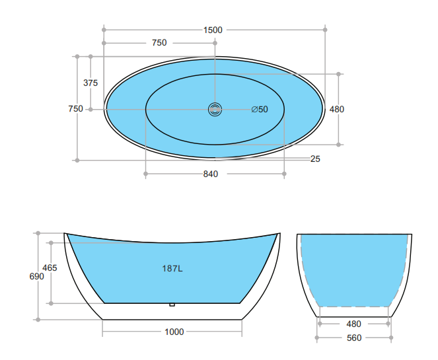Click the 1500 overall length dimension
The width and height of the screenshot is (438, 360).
(x=213, y=30)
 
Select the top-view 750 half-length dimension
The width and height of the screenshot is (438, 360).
(x=159, y=43)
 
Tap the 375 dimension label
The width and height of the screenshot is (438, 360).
(x=91, y=83)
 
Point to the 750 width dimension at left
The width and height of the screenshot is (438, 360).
(x=76, y=109)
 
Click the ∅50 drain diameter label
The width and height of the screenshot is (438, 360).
(x=260, y=110)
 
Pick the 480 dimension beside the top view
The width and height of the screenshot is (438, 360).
(x=337, y=110)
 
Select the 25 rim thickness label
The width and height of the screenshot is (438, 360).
(x=315, y=159)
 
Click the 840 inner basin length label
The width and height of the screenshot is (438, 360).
(x=211, y=174)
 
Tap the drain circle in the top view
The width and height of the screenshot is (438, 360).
(x=215, y=110)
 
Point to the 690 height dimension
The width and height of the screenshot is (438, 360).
(x=37, y=277)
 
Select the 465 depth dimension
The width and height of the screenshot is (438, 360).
(x=50, y=268)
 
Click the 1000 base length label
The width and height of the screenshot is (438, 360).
(x=174, y=332)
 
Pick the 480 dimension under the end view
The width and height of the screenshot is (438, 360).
(x=354, y=324)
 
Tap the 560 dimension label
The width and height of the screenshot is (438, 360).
(x=354, y=338)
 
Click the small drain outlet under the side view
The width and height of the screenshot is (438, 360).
(x=172, y=305)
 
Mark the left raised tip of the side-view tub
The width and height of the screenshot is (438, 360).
(x=65, y=234)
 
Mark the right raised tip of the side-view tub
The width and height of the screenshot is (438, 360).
(x=277, y=234)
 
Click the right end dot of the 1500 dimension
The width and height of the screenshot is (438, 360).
(x=325, y=30)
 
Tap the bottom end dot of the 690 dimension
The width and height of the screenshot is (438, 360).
(x=38, y=320)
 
